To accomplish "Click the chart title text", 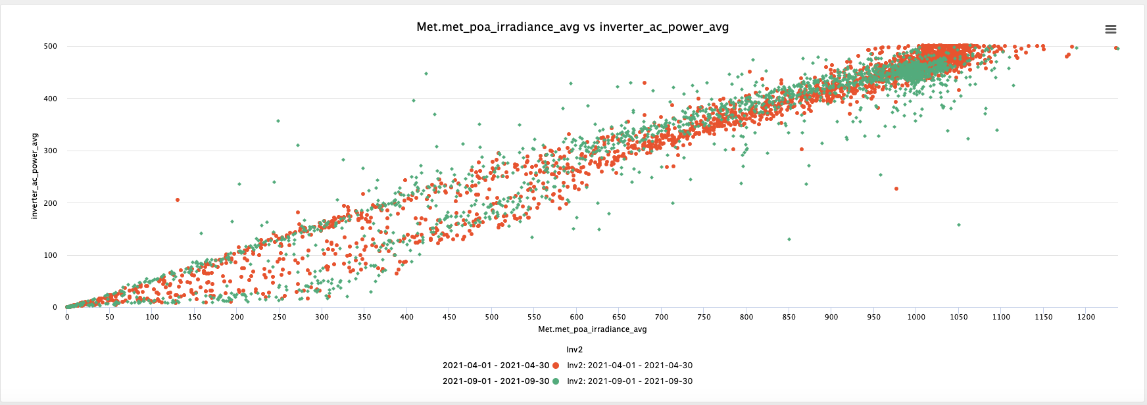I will [572, 27].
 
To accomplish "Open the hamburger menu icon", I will [1111, 29].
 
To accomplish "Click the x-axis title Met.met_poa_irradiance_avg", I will [592, 329].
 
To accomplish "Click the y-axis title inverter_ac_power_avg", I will [35, 176].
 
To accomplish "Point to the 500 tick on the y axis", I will [51, 47].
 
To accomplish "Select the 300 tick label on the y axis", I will [51, 151].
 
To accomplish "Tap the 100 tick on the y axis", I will [51, 255].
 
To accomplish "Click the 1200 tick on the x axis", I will [1086, 317].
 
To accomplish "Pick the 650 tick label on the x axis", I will [619, 317].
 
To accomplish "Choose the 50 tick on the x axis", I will [109, 317].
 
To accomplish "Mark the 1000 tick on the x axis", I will [916, 317].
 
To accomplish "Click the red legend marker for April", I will [556, 366].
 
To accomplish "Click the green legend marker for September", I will [556, 381].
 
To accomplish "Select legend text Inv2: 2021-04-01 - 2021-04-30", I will [629, 366].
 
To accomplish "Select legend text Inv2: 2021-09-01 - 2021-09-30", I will [629, 381].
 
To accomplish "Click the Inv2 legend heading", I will [575, 350].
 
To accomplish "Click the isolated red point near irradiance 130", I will [178, 200].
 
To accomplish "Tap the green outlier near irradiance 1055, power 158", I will [959, 225].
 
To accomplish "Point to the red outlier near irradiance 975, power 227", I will [896, 189].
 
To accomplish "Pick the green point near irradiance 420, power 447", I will [426, 74].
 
